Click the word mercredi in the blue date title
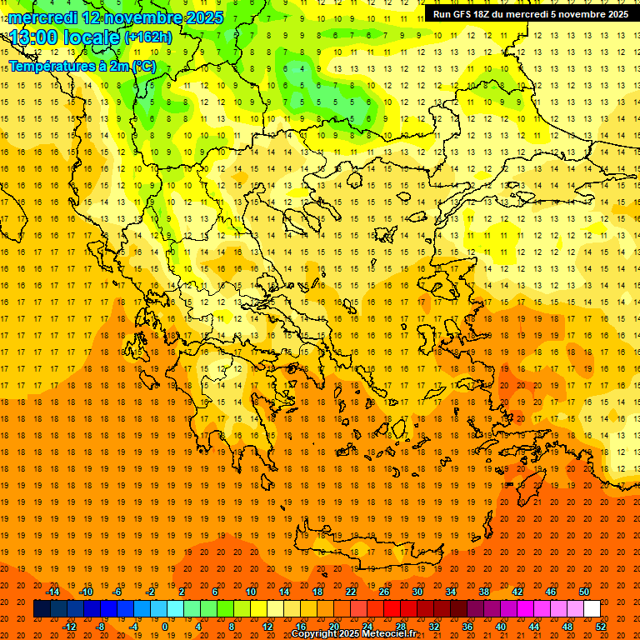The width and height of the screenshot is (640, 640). [x=43, y=17]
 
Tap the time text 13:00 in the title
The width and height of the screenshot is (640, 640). [x=37, y=37]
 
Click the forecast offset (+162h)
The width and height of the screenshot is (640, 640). [x=147, y=37]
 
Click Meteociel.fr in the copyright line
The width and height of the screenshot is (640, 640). [x=389, y=634]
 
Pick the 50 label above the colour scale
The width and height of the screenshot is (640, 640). [x=584, y=592]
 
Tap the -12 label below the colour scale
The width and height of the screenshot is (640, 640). [x=69, y=627]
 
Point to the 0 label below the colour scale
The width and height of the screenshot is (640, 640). [x=164, y=627]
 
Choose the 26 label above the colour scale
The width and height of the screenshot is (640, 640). [x=384, y=592]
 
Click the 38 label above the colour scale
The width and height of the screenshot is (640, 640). [x=484, y=592]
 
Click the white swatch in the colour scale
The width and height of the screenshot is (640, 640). [x=592, y=609]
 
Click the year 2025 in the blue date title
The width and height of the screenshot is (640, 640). [x=204, y=17]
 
